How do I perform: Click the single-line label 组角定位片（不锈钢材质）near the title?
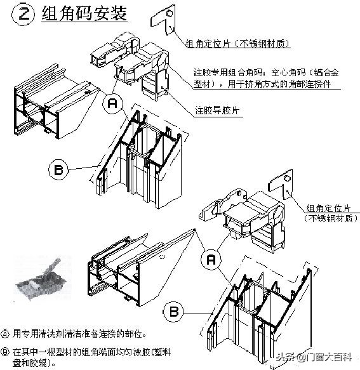point(237,44)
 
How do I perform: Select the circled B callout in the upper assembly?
point(58,169)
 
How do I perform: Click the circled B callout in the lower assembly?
point(174,312)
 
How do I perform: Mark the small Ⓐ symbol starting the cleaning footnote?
point(6,333)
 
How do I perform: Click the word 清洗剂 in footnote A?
point(50,333)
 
